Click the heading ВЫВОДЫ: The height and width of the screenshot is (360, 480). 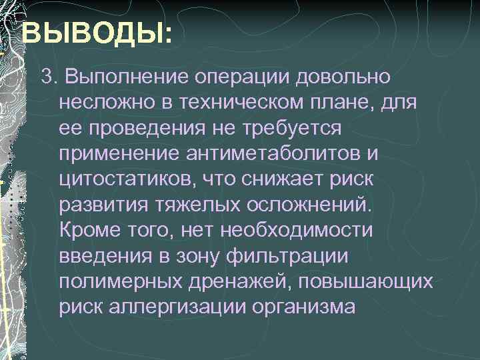tap(96, 33)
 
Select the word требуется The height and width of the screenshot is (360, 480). tap(294, 128)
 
